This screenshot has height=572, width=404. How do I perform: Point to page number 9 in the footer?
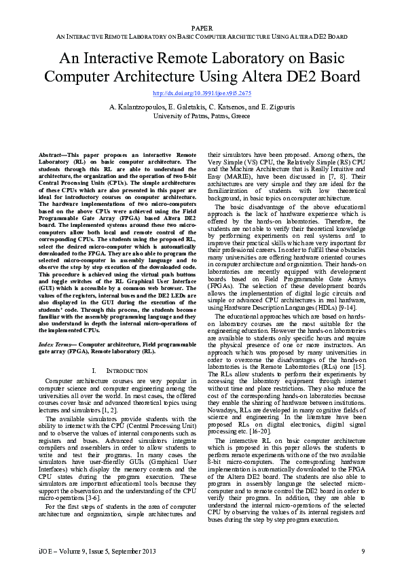point(363,550)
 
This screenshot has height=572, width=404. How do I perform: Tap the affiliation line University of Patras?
point(202,115)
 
